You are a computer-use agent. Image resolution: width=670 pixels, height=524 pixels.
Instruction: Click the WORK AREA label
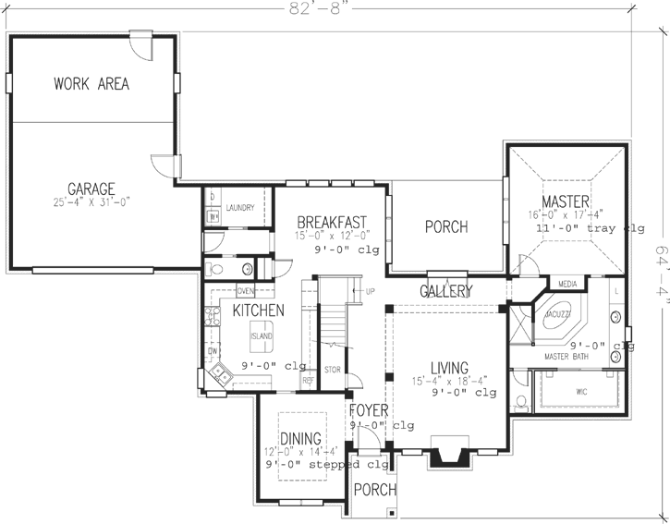[x=91, y=84]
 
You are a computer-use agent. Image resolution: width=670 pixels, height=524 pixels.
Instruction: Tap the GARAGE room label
[x=91, y=189]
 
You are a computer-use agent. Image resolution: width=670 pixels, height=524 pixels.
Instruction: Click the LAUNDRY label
[x=239, y=209]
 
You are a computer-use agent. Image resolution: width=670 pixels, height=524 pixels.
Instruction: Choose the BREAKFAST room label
[x=332, y=222]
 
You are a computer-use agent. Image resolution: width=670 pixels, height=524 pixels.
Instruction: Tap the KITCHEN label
[x=258, y=311]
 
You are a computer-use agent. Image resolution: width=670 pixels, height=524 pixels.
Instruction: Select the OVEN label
[x=246, y=291]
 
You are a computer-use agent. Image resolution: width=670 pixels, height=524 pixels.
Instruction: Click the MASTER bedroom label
[x=560, y=201]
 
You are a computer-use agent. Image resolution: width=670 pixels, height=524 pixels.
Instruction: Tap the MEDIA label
[x=567, y=284]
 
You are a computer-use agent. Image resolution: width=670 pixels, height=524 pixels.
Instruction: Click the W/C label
[x=581, y=392]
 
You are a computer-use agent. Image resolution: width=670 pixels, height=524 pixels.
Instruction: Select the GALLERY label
[x=446, y=291]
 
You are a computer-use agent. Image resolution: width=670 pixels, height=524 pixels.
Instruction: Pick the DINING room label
[x=295, y=438]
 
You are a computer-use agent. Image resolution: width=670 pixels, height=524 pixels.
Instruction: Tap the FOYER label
[x=369, y=410]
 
